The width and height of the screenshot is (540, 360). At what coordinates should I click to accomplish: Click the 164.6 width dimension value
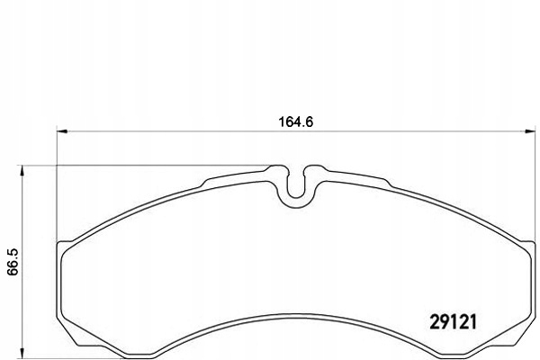pyautogui.click(x=296, y=122)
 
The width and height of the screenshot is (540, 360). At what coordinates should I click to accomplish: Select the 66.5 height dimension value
pyautogui.click(x=13, y=262)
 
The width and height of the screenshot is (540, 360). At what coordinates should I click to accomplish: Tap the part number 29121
pyautogui.click(x=454, y=322)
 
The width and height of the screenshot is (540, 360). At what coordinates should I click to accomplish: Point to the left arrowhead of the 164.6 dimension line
pyautogui.click(x=61, y=131)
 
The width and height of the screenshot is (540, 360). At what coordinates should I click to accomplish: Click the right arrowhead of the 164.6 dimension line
pyautogui.click(x=530, y=131)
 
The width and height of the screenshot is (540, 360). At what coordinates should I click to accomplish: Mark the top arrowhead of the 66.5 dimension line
pyautogui.click(x=22, y=170)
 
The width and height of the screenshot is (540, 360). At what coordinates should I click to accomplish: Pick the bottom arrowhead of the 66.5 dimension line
pyautogui.click(x=22, y=353)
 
